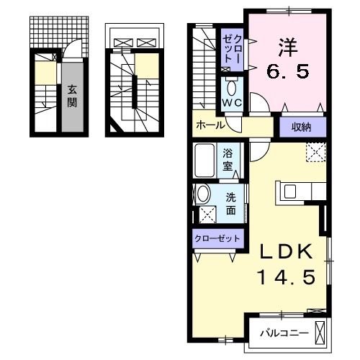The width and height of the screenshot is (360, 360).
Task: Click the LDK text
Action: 286,252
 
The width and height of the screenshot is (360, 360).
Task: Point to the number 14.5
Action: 286,277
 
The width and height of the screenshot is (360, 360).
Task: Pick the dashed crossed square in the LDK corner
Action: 314,152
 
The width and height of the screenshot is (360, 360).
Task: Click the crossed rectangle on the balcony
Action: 321,333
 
